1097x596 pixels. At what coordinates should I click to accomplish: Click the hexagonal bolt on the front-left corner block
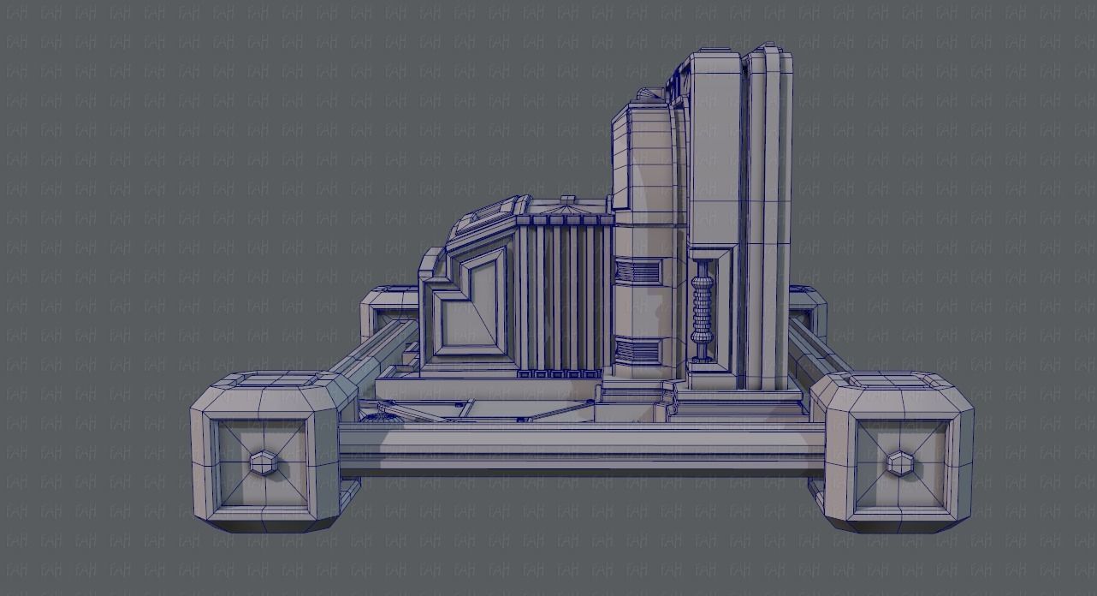pos(262,464)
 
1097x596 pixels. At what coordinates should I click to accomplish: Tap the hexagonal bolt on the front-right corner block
pos(898,463)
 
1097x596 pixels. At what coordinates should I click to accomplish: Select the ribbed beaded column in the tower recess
pos(703,308)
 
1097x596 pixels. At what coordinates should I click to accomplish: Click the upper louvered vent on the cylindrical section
pos(638,273)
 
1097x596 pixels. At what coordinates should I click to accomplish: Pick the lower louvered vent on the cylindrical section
pos(638,350)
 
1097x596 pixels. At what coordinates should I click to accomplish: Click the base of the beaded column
pos(703,358)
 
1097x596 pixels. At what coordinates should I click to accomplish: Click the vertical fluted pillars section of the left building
pos(561,295)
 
